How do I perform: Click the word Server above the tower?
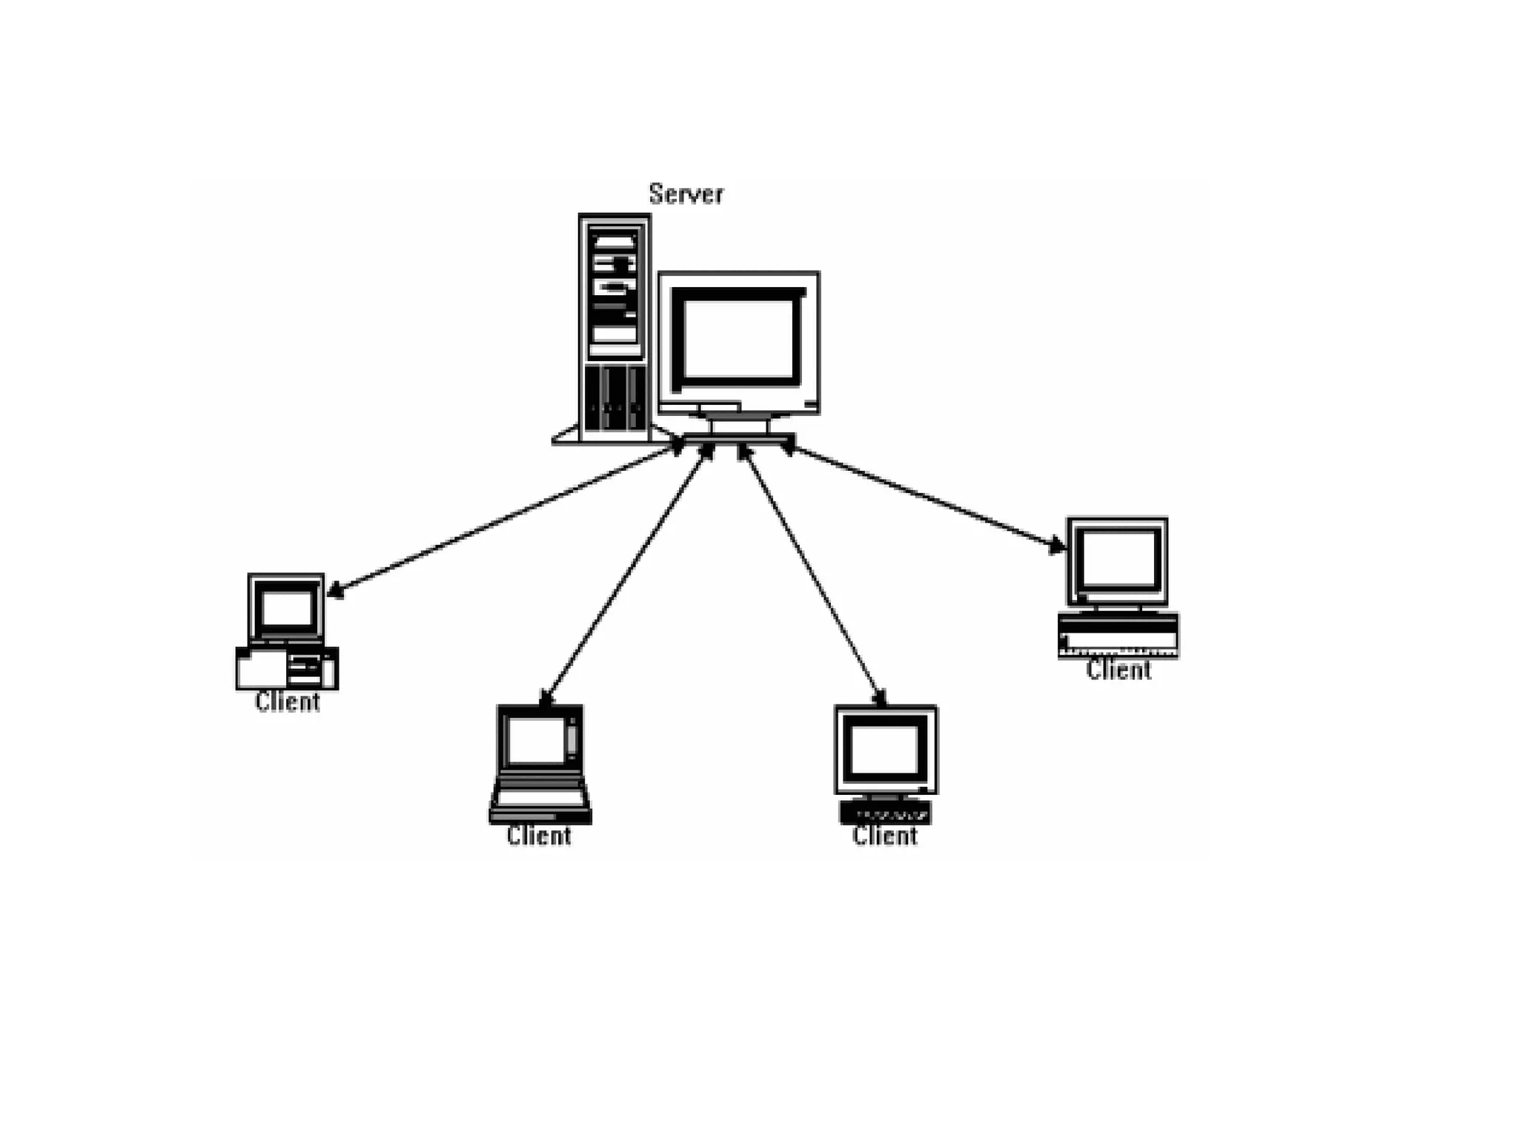coord(686,194)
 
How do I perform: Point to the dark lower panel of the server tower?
coord(614,397)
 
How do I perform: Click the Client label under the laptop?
coord(539,836)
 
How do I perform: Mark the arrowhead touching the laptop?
coord(546,698)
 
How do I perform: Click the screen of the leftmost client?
coord(286,609)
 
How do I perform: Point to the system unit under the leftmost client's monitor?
coord(287,669)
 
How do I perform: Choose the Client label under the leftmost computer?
coord(287,702)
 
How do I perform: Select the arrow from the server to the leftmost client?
coord(504,519)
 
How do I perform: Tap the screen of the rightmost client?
coord(1117,560)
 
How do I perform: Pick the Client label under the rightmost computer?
coord(1118,670)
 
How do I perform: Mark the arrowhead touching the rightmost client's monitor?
coord(1057,547)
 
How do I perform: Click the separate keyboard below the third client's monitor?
coord(885,813)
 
